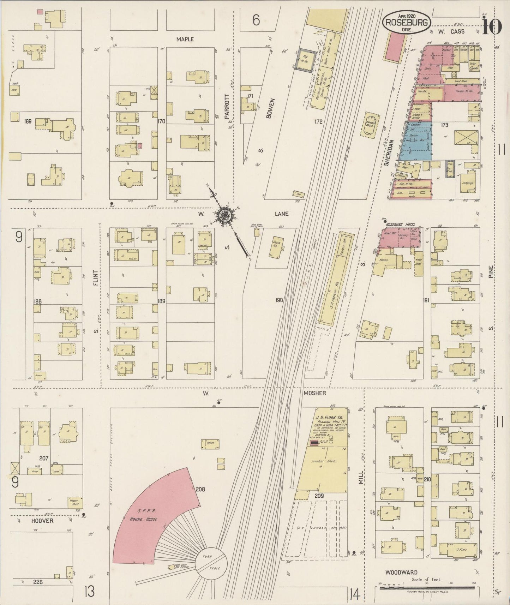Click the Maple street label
pos(185,39)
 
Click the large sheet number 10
pos(491,25)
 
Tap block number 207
pos(44,458)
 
